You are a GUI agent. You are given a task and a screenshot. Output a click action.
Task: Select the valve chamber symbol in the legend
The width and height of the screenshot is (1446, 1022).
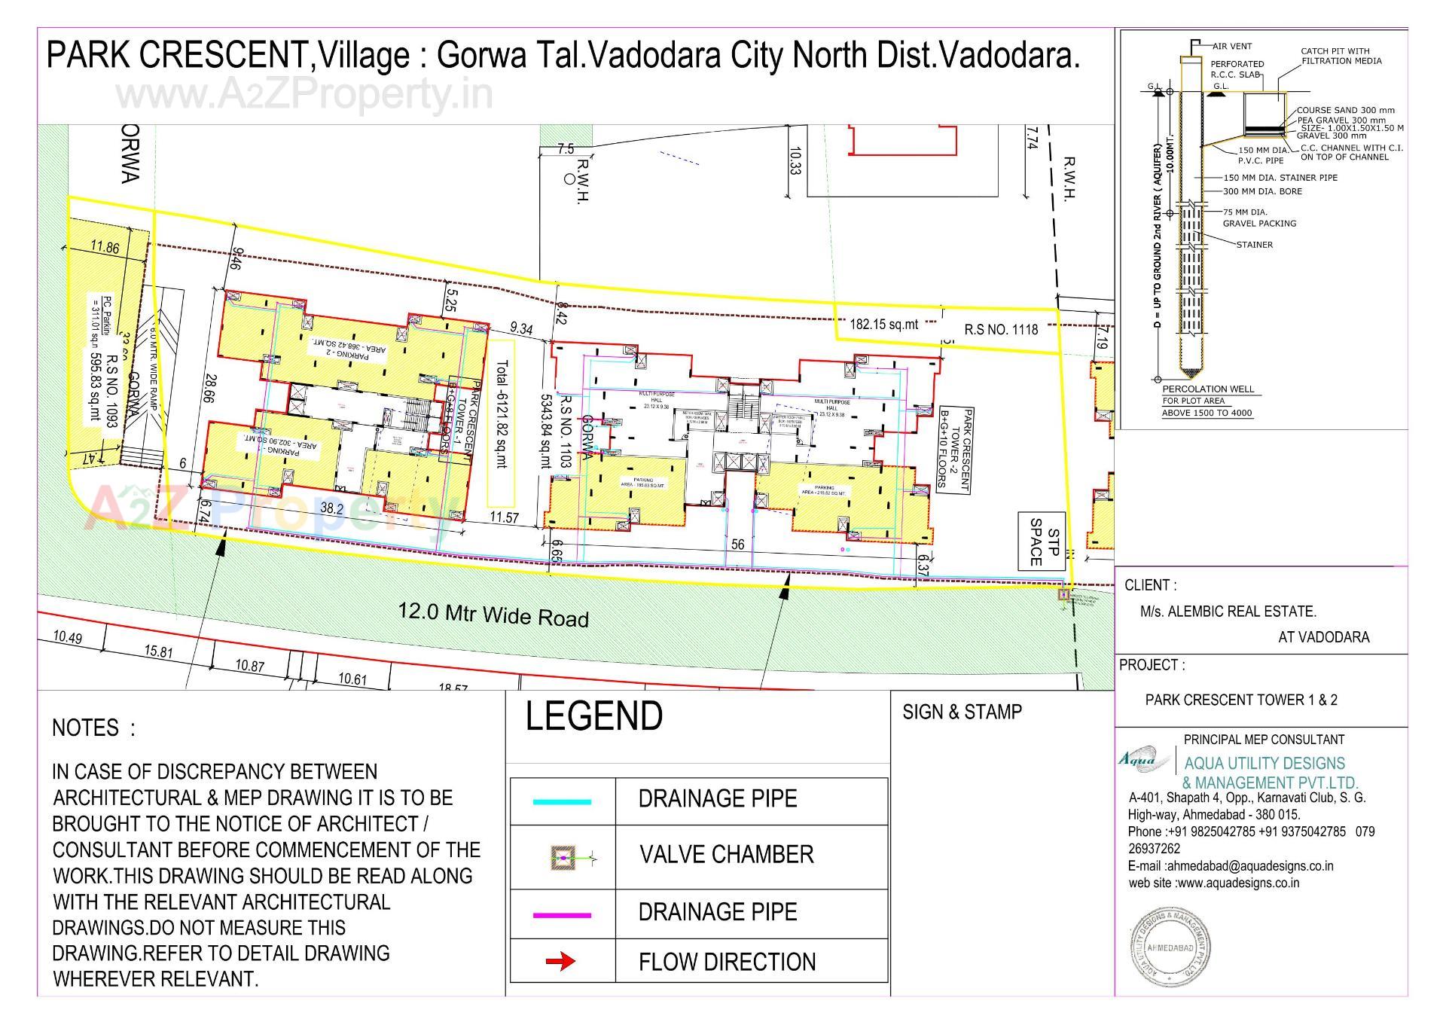pyautogui.click(x=563, y=856)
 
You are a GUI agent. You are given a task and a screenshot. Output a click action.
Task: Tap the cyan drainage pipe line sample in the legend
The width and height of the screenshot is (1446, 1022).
pyautogui.click(x=562, y=801)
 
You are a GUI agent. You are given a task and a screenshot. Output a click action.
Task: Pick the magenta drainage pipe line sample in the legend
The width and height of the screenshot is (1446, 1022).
pyautogui.click(x=562, y=915)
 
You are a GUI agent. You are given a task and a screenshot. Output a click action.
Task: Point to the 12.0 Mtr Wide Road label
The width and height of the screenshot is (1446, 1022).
pyautogui.click(x=493, y=614)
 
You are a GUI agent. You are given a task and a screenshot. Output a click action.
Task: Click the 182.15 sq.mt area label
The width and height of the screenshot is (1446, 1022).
pyautogui.click(x=884, y=325)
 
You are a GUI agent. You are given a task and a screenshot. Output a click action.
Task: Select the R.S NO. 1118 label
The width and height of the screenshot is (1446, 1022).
pyautogui.click(x=1001, y=330)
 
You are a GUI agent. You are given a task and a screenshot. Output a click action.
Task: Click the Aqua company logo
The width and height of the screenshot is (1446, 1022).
pyautogui.click(x=1136, y=759)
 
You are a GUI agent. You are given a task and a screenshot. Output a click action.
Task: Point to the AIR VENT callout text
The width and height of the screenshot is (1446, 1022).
pyautogui.click(x=1232, y=46)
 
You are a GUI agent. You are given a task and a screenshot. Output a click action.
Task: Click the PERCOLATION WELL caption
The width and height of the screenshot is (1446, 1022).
pyautogui.click(x=1208, y=389)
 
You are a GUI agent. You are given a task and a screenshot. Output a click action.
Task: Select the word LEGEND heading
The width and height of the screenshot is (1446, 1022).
pyautogui.click(x=594, y=715)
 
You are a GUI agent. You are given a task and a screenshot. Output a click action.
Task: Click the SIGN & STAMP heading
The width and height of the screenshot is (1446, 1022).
pyautogui.click(x=962, y=712)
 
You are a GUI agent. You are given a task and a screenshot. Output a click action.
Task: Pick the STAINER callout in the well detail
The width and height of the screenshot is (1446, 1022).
pyautogui.click(x=1254, y=245)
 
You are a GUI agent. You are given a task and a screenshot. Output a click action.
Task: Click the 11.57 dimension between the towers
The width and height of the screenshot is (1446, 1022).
pyautogui.click(x=504, y=517)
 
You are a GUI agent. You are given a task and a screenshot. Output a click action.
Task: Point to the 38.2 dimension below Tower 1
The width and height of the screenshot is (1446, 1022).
pyautogui.click(x=331, y=508)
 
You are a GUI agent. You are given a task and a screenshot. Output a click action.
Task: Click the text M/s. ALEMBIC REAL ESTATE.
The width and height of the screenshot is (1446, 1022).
pyautogui.click(x=1228, y=612)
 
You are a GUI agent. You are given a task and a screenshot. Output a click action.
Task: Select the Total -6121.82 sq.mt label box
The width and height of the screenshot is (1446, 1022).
pyautogui.click(x=501, y=423)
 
